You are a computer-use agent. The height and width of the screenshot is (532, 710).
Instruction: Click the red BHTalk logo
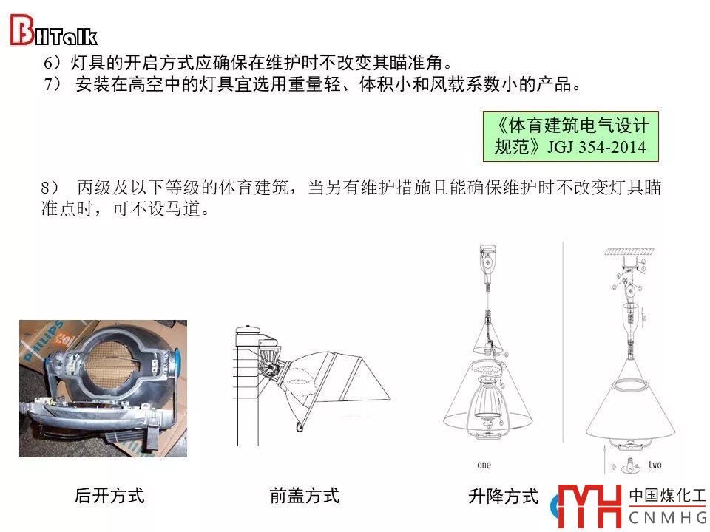pos(53,30)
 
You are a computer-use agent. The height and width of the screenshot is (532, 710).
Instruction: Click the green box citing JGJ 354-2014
pos(570,137)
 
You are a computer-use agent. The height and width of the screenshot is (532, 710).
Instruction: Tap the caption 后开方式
pos(109,496)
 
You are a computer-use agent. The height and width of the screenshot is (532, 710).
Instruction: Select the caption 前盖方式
pos(304,496)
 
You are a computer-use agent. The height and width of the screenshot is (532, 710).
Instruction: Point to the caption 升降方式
pos(503,497)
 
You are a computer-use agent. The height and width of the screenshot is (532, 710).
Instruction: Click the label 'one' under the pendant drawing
pos(484,465)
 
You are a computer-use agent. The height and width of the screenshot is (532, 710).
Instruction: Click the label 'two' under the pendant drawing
pos(655,465)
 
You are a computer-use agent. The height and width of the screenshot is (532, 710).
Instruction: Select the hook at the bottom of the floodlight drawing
pos(300,426)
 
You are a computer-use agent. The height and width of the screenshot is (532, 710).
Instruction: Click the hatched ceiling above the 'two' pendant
pos(629,251)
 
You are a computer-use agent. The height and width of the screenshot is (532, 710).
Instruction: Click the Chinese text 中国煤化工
pos(667,496)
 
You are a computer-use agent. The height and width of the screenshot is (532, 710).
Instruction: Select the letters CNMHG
pos(668,517)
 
